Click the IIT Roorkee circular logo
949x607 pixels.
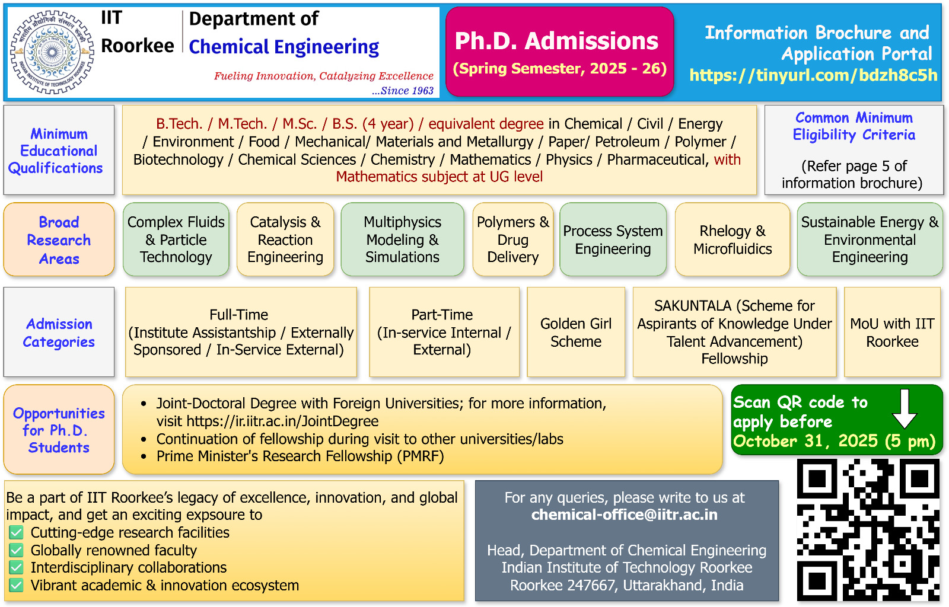52,52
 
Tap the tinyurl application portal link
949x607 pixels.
813,75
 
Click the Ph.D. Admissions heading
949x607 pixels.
556,41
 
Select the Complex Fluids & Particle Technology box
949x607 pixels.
176,239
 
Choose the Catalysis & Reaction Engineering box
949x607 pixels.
285,239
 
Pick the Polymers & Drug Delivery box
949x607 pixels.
513,239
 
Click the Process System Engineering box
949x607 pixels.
613,239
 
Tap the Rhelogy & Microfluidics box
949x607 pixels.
733,239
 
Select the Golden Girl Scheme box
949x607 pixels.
576,332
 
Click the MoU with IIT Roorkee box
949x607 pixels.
892,332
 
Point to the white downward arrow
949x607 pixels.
905,408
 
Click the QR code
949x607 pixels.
868,530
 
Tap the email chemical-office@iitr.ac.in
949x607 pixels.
625,515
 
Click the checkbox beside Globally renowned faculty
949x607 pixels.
17,550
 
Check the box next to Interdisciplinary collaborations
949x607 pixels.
17,568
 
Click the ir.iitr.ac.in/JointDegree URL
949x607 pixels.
282,421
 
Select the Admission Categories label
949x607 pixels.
59,333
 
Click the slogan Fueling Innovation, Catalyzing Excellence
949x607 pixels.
323,76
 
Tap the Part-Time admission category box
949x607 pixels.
444,332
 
